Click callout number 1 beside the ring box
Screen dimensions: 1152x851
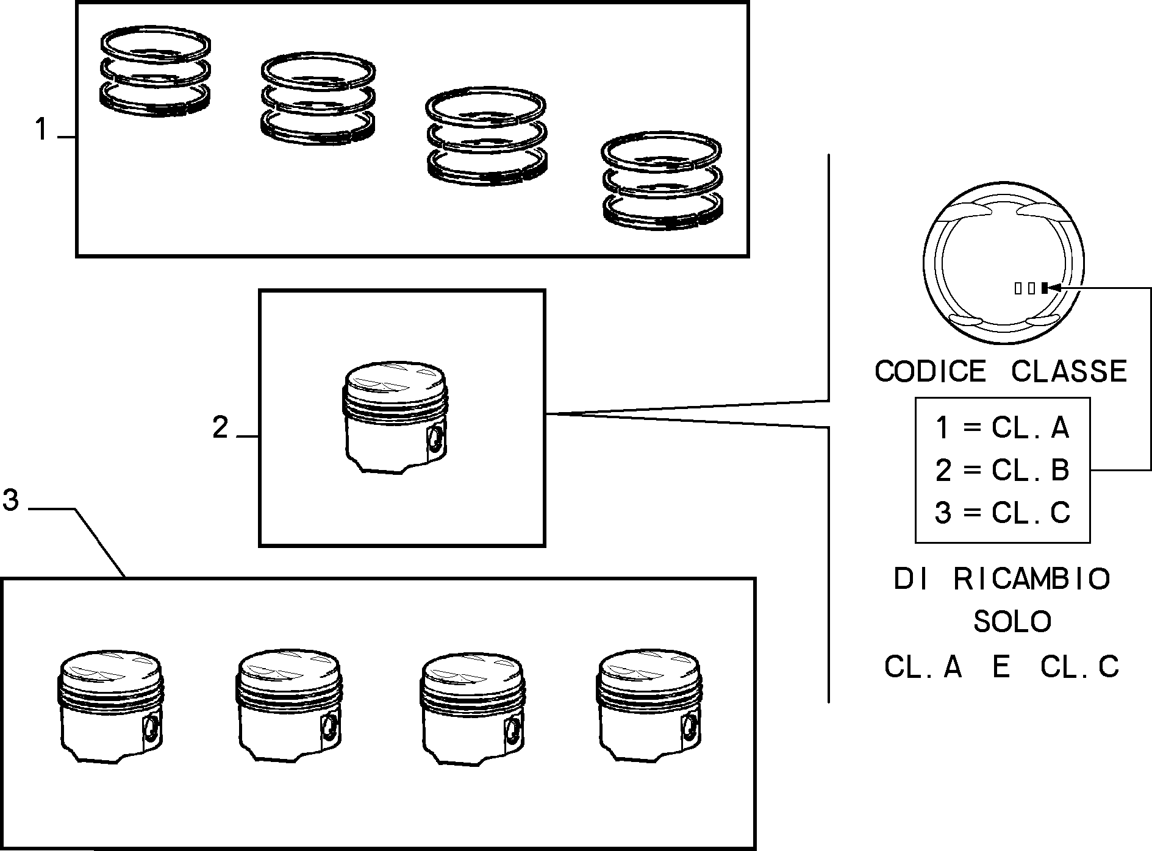click(x=41, y=129)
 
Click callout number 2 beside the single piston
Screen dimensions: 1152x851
click(x=220, y=427)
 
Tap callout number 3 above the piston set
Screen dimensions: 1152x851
click(x=11, y=500)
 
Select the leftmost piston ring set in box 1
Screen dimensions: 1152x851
click(x=156, y=71)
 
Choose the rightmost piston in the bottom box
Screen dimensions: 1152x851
click(x=649, y=705)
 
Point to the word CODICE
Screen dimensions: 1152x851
click(x=930, y=371)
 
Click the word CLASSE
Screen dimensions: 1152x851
click(x=1069, y=371)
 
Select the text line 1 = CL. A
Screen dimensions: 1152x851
click(x=1002, y=427)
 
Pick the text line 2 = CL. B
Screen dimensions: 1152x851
click(x=1002, y=470)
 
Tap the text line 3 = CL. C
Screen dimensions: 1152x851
click(x=1002, y=513)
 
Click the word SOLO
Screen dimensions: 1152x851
click(x=1012, y=622)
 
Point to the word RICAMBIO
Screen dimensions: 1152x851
click(x=1032, y=579)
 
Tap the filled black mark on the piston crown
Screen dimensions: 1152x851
click(x=1044, y=288)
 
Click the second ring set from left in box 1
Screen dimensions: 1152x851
click(x=317, y=98)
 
